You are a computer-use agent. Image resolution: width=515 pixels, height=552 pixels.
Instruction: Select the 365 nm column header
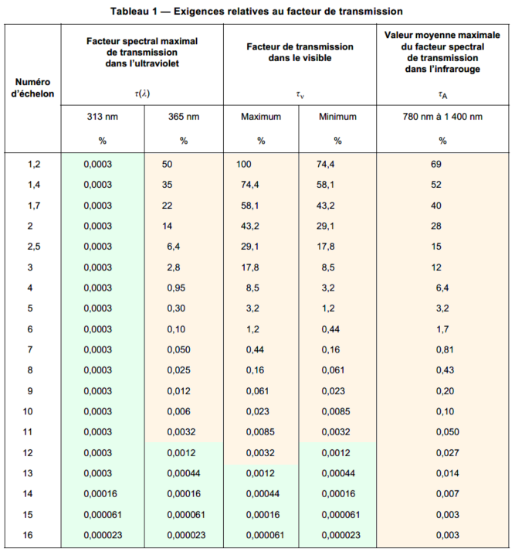tap(183, 117)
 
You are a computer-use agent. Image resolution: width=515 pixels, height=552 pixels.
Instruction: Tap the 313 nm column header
tap(102, 117)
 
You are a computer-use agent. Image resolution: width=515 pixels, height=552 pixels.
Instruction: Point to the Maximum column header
tap(261, 117)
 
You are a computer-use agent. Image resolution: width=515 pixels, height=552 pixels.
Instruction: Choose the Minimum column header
tap(337, 117)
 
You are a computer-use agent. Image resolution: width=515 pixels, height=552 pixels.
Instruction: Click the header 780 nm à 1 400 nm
tap(442, 117)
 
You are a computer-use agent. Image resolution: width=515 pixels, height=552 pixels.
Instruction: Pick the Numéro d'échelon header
tap(32, 87)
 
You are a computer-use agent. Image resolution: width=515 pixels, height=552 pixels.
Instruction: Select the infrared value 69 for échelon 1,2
tap(437, 164)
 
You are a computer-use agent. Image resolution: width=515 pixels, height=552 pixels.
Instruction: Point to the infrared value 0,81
tap(442, 349)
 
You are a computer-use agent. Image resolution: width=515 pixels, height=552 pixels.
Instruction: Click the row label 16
tap(32, 535)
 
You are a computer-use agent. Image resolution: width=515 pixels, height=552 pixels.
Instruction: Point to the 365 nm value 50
tap(168, 164)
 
